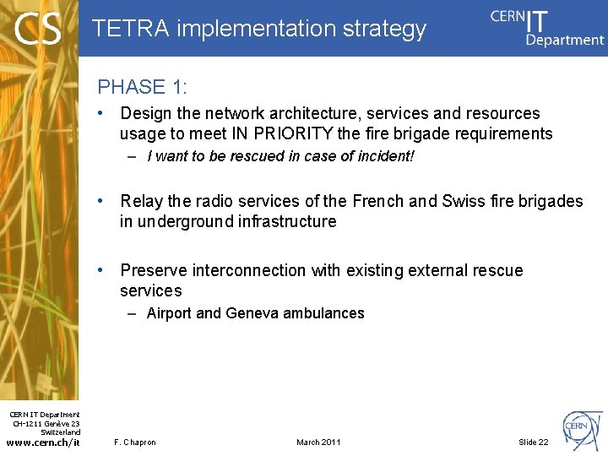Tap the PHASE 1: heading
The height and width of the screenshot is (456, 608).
pyautogui.click(x=143, y=87)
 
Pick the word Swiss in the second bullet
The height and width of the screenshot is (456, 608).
pyautogui.click(x=463, y=201)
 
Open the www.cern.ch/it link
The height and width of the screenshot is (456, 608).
pyautogui.click(x=42, y=442)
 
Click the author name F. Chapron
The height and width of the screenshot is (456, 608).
pyautogui.click(x=135, y=442)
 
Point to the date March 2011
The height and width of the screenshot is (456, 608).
pyautogui.click(x=318, y=442)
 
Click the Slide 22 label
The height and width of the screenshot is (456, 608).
pyautogui.click(x=533, y=442)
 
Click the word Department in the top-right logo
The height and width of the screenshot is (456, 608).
pyautogui.click(x=565, y=40)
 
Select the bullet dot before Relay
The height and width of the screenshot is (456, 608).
pyautogui.click(x=100, y=201)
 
